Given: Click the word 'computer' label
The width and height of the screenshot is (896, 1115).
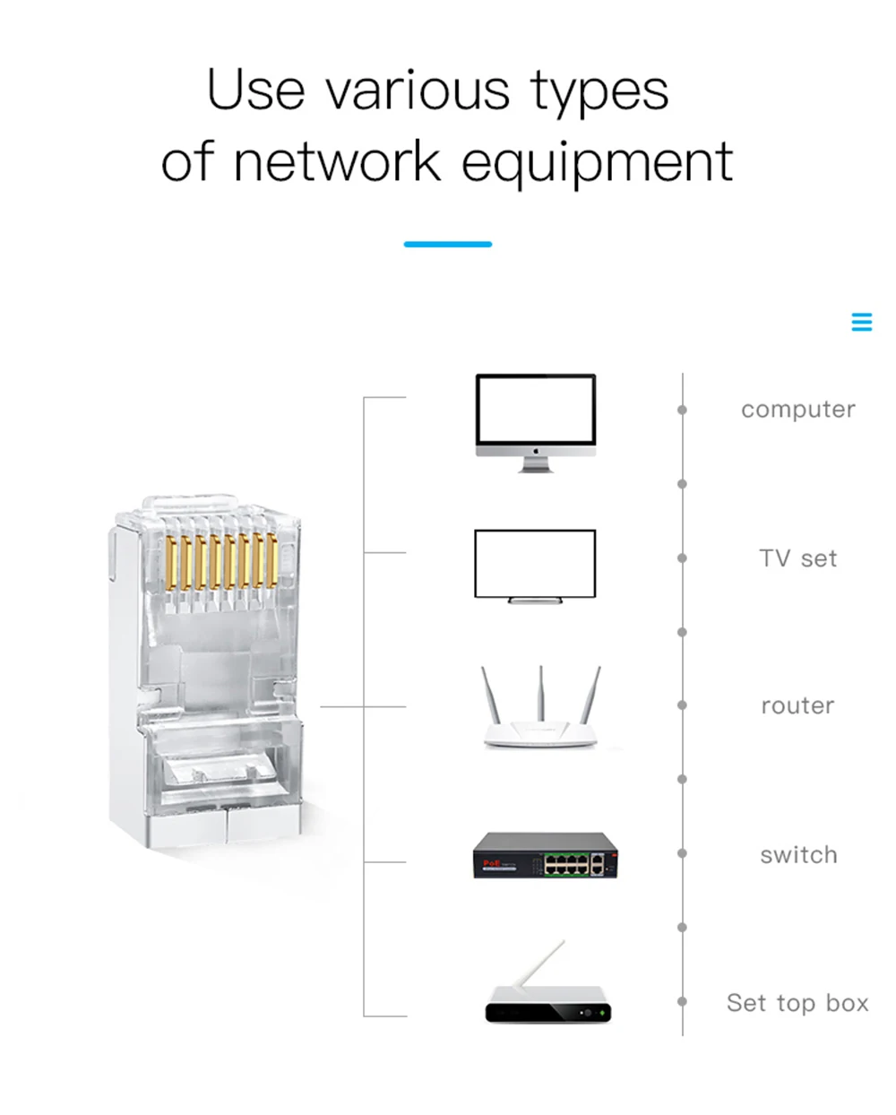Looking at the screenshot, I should click(x=797, y=410).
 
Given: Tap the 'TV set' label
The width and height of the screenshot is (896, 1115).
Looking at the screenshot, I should click(x=797, y=558).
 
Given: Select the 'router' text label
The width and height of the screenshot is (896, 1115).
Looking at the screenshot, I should click(x=797, y=706).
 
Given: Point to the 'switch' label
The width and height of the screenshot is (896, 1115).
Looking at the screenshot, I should click(x=798, y=855).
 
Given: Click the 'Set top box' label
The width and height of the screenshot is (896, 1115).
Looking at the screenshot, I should click(x=797, y=1003).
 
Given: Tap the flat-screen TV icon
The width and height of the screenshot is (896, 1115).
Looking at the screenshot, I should click(x=535, y=565).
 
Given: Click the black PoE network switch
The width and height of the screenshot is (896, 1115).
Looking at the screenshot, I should click(x=544, y=856).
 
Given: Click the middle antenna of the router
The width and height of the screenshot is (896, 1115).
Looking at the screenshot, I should click(x=540, y=694).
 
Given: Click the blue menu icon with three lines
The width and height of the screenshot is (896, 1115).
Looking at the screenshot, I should click(x=861, y=322).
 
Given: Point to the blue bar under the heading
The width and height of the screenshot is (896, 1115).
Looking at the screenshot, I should click(x=447, y=244).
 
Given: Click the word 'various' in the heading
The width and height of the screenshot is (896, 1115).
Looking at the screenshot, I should click(x=418, y=91).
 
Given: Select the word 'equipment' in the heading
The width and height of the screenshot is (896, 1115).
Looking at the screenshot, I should click(x=597, y=163).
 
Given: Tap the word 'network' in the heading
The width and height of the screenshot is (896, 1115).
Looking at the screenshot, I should click(x=337, y=163).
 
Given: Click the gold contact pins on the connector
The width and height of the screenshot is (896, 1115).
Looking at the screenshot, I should click(x=220, y=561).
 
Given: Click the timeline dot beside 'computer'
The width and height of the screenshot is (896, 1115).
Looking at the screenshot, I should click(x=682, y=410).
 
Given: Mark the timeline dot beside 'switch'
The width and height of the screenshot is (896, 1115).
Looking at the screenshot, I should click(x=682, y=854).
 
